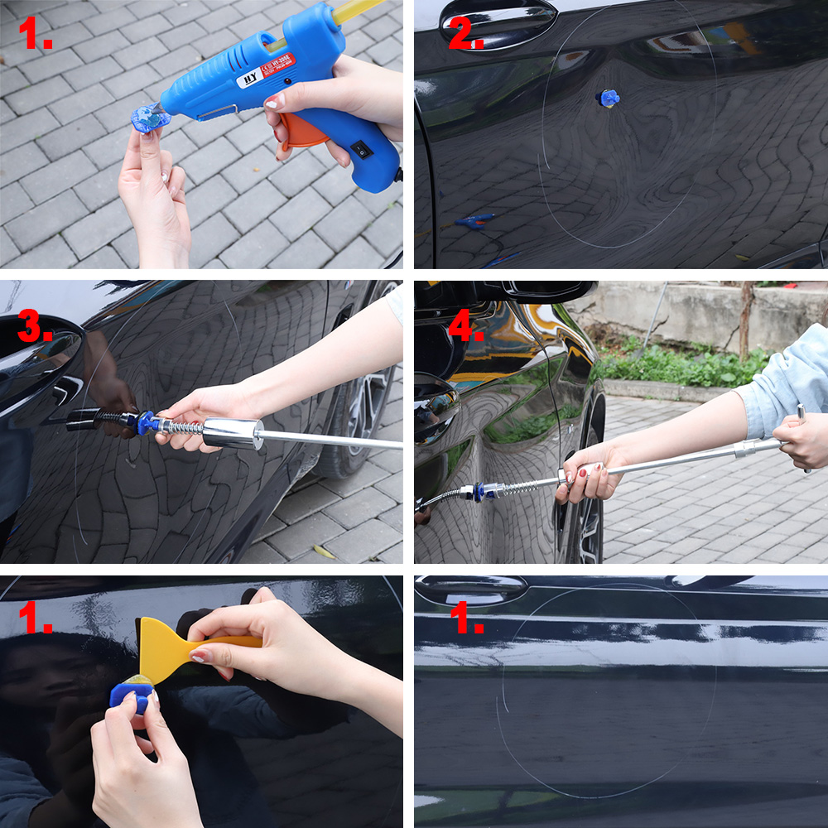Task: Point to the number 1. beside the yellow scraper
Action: [36, 619]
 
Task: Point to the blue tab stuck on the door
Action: [609, 99]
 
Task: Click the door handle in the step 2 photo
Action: [497, 18]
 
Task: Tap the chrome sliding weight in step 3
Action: [233, 433]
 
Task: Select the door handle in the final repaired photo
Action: [472, 590]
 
